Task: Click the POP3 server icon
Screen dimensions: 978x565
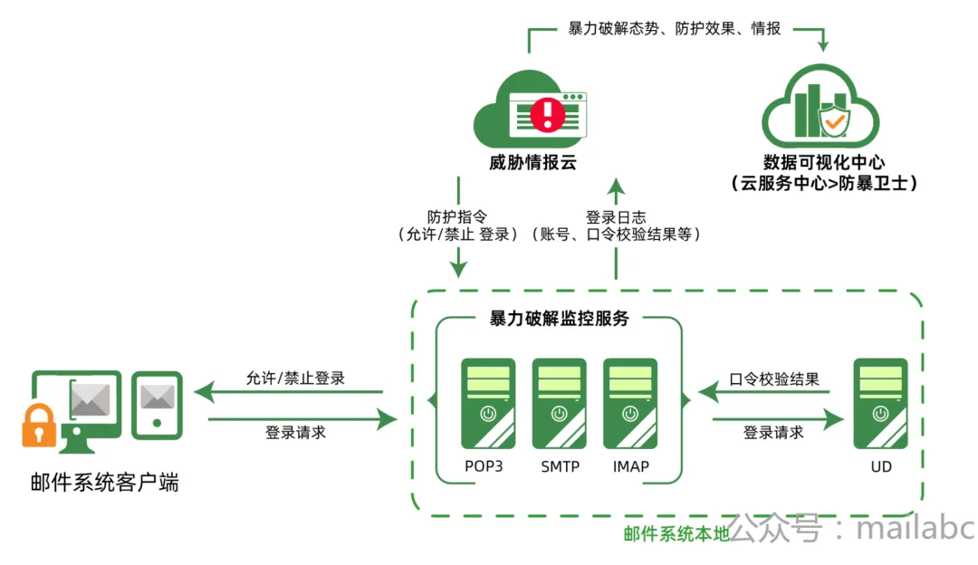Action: pyautogui.click(x=488, y=404)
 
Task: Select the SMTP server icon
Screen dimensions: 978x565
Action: pyautogui.click(x=559, y=404)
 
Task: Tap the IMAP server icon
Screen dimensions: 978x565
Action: pyautogui.click(x=630, y=404)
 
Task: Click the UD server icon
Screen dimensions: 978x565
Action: pyautogui.click(x=880, y=404)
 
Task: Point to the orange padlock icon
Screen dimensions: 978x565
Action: pyautogui.click(x=39, y=426)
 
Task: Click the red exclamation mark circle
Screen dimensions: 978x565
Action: pyautogui.click(x=548, y=114)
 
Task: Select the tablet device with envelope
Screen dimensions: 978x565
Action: pyautogui.click(x=157, y=406)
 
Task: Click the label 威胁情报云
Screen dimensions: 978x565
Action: pyautogui.click(x=532, y=163)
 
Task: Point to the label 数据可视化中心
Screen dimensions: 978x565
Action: pyautogui.click(x=824, y=162)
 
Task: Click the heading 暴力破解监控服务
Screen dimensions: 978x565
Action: pyautogui.click(x=559, y=319)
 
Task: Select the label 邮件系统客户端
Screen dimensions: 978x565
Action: pyautogui.click(x=105, y=483)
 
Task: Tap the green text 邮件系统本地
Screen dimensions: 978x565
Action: pyautogui.click(x=676, y=534)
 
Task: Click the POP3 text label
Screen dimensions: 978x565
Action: pyautogui.click(x=484, y=466)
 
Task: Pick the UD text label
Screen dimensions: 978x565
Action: pyautogui.click(x=881, y=466)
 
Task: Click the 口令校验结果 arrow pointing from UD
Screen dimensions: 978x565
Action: pyautogui.click(x=763, y=392)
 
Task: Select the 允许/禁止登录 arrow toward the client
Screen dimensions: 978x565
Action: pyautogui.click(x=288, y=392)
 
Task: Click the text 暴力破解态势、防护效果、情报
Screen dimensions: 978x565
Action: pyautogui.click(x=675, y=29)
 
